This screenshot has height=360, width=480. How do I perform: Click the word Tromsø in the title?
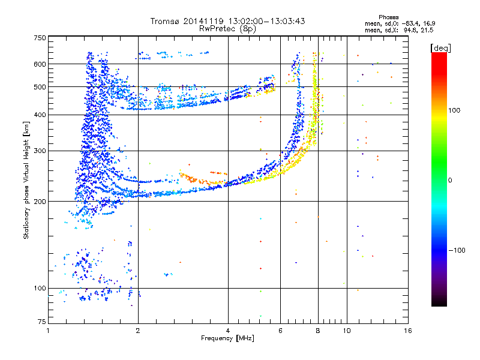click(165, 21)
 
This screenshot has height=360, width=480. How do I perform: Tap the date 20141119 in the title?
click(201, 21)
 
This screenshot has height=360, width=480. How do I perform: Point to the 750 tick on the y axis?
click(40, 38)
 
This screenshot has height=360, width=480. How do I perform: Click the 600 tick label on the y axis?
click(40, 64)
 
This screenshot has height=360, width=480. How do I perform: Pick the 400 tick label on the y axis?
click(40, 115)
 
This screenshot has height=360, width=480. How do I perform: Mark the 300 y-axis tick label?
click(40, 151)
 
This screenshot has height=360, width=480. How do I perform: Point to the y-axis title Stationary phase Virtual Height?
click(26, 180)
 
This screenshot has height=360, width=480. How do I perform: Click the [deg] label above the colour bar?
click(442, 47)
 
